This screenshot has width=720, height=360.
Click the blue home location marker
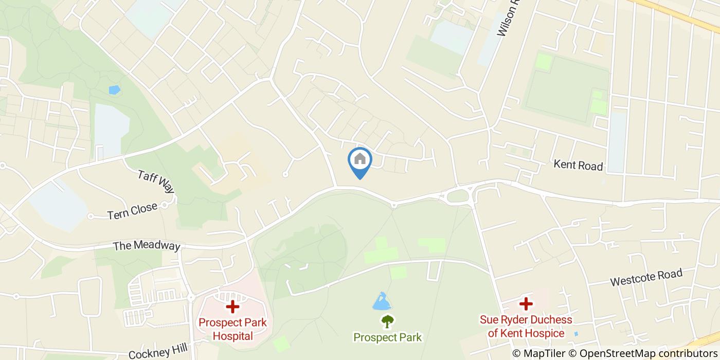coord(360,160)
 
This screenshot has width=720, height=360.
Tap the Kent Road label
coord(578,165)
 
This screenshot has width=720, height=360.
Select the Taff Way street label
coord(156,182)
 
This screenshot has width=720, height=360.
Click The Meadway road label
coord(147,245)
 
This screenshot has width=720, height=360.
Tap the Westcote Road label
coord(646,278)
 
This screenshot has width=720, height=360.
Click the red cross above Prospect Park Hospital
coord(233,307)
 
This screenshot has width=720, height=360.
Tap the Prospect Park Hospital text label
coord(233,329)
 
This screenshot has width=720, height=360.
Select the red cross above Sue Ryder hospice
coord(526,304)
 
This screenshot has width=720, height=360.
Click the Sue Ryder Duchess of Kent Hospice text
coord(526,326)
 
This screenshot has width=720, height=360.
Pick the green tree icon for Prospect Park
coord(387,321)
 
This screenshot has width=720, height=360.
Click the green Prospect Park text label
coord(387,337)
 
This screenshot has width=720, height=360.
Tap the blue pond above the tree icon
coord(381,302)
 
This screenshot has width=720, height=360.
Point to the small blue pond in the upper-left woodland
coord(114,89)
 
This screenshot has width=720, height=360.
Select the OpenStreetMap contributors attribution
coord(649,353)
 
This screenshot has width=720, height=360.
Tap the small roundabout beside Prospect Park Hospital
coord(191,297)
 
